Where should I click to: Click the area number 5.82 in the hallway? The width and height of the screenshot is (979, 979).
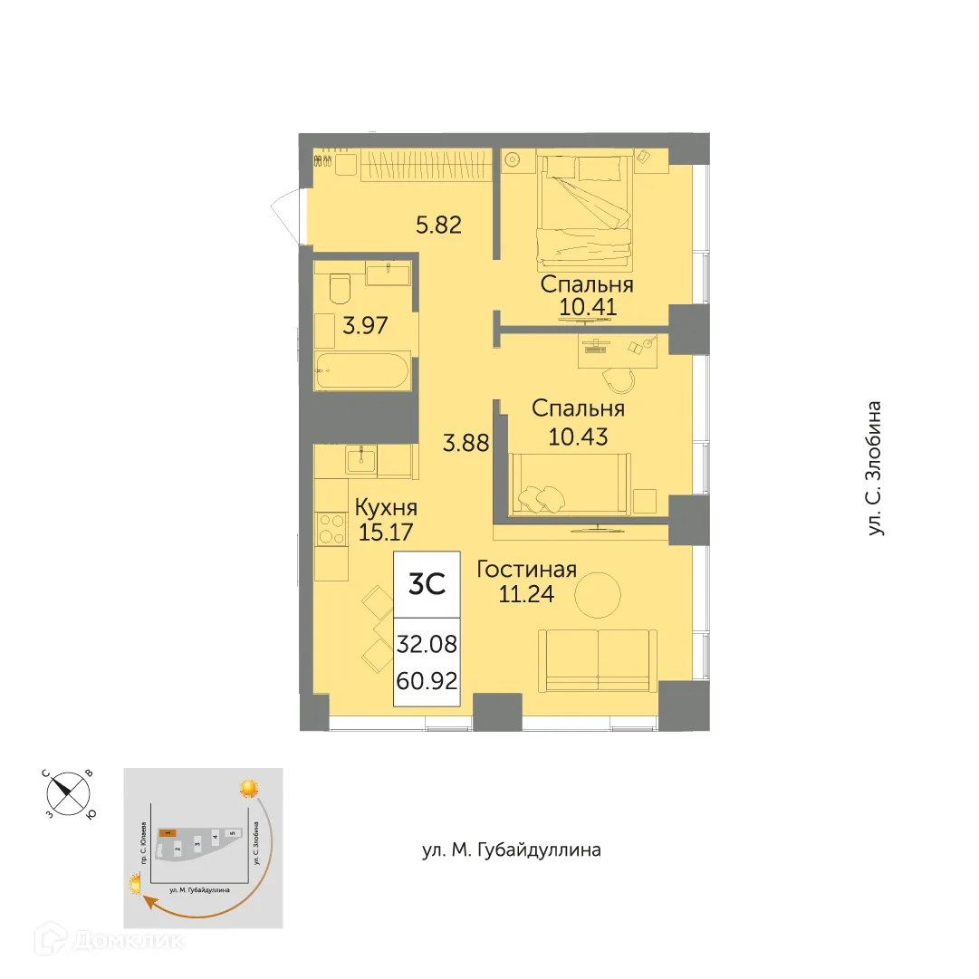[x=439, y=225]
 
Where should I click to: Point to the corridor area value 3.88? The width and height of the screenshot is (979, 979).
[x=466, y=444]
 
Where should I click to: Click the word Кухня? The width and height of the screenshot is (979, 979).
[x=386, y=507]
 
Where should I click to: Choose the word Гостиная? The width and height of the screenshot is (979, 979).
[x=526, y=570]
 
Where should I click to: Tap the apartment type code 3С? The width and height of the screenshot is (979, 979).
[x=427, y=585]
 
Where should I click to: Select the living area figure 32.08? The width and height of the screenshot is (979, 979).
[x=427, y=646]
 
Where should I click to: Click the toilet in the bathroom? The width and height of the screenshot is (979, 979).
[x=341, y=287]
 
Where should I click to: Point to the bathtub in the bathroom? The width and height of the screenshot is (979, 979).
[x=361, y=372]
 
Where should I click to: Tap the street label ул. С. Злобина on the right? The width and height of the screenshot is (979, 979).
[x=876, y=468]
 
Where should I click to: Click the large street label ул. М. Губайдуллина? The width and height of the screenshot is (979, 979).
[x=512, y=850]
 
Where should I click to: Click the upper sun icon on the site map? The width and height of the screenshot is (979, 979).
[x=248, y=788]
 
